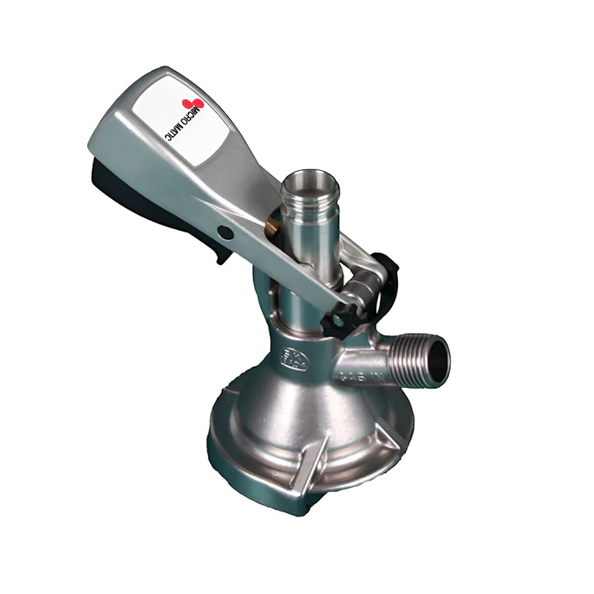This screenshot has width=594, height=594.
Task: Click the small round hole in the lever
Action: tap(224, 232)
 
